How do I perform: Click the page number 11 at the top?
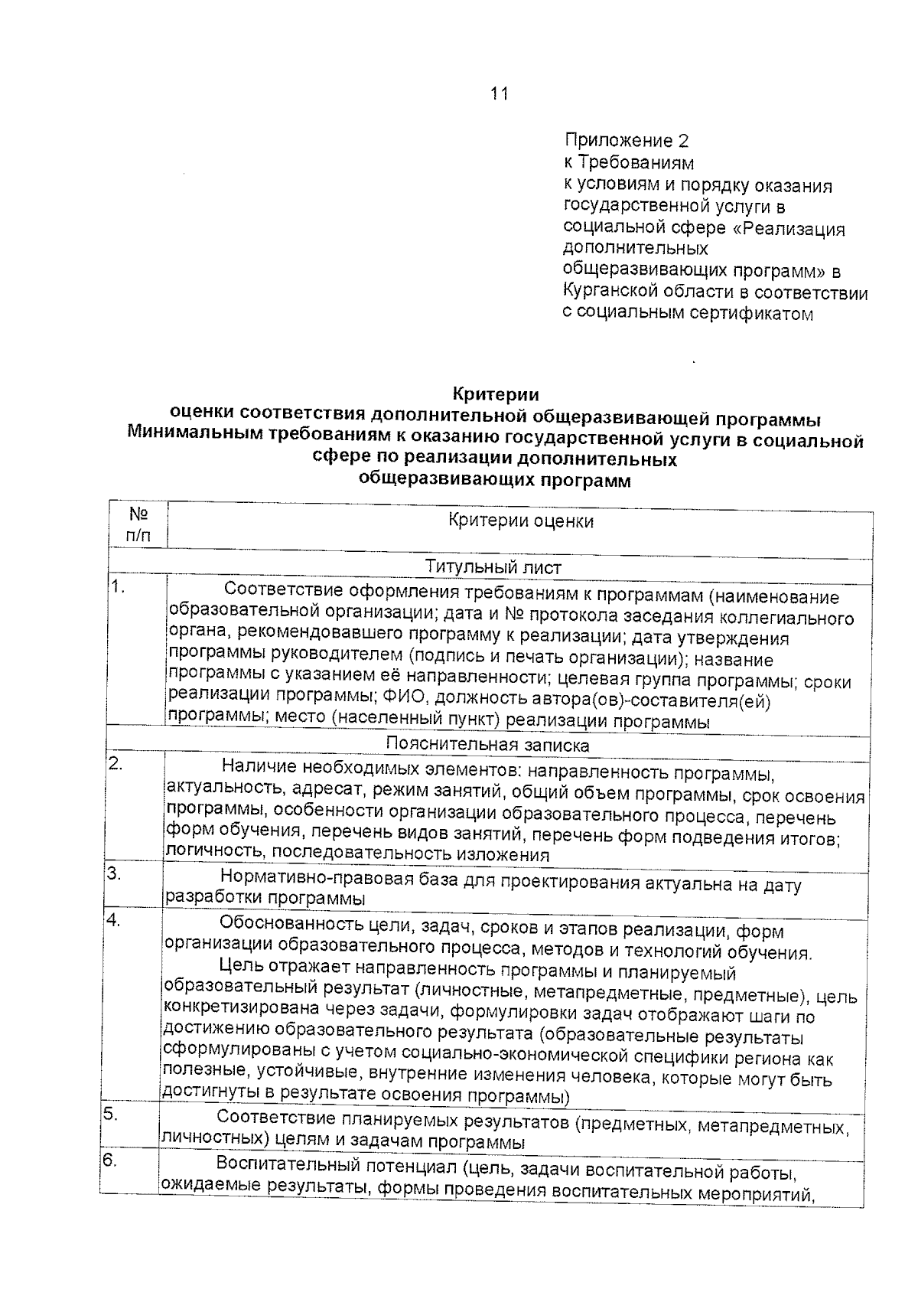[x=498, y=93]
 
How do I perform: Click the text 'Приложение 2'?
[x=626, y=141]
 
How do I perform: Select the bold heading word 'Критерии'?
[x=496, y=395]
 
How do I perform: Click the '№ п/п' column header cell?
[x=138, y=524]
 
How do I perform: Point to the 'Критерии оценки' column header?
[x=520, y=521]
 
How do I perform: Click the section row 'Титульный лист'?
[x=493, y=567]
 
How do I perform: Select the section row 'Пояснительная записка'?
[x=487, y=744]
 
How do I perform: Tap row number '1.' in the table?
[x=117, y=588]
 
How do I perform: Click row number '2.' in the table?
[x=116, y=763]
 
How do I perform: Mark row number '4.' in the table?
[x=113, y=921]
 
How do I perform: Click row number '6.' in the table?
[x=109, y=1161]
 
